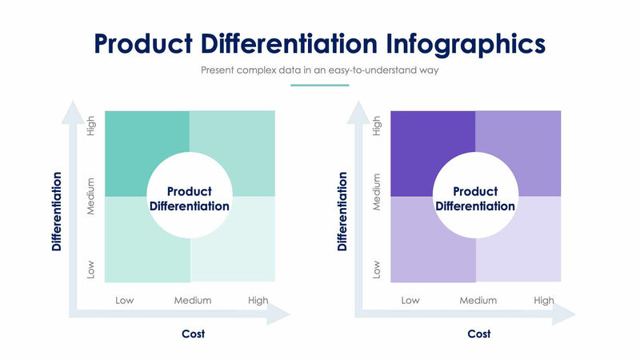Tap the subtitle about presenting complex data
coord(319,70)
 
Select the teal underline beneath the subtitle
coord(319,84)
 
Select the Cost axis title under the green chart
coord(193,334)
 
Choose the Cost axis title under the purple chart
coord(478,334)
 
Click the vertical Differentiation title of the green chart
coord(57,210)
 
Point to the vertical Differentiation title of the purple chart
coord(342,210)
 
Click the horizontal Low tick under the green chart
coord(125,301)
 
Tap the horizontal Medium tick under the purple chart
coord(478,301)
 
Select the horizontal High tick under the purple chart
coord(544,301)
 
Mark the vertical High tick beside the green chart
coord(91,126)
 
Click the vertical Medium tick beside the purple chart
coord(377,193)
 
